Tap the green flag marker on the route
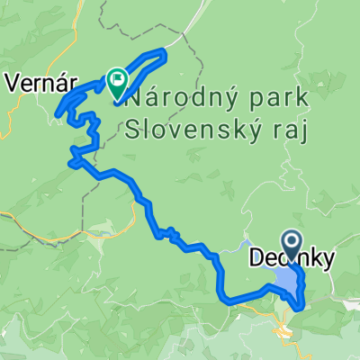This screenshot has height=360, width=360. [118, 83]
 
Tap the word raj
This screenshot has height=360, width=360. [292, 131]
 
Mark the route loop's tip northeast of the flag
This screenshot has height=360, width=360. [165, 51]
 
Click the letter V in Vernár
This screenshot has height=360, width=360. [11, 83]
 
